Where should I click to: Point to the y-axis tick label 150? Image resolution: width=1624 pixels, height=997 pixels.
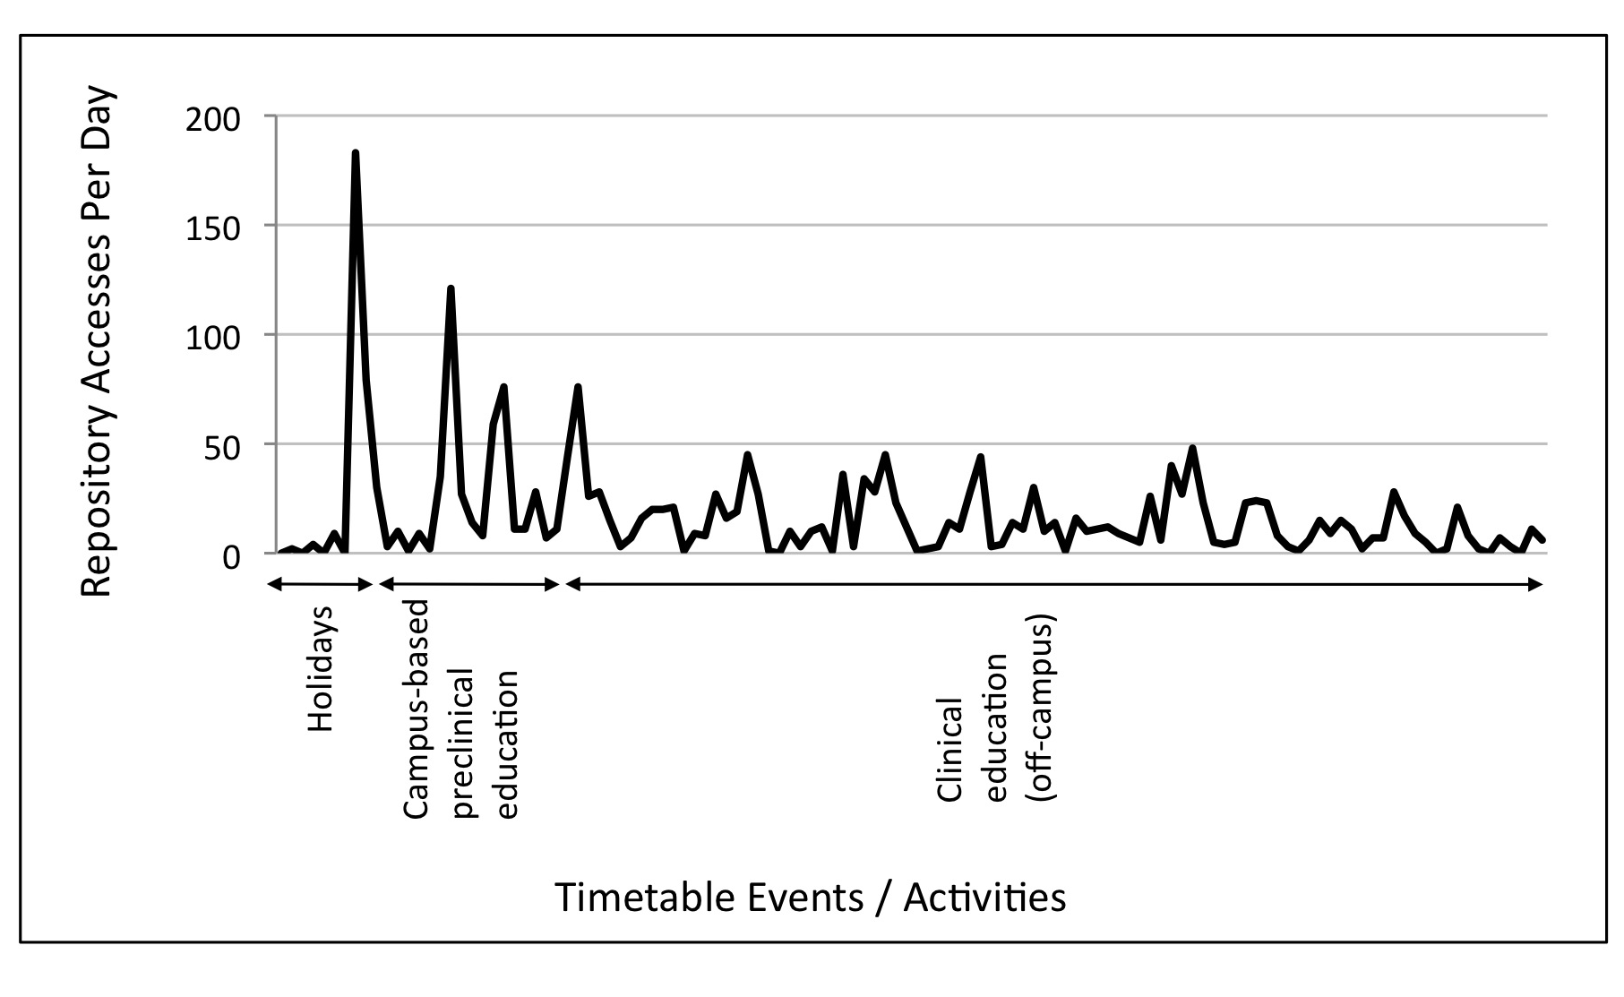coord(213,228)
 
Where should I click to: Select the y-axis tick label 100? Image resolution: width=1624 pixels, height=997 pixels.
coord(213,338)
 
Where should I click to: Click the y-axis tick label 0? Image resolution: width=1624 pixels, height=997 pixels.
coord(231,556)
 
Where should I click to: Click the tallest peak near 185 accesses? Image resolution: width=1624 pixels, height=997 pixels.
coord(356,153)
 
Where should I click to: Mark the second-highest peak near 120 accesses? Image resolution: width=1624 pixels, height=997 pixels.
coord(451,288)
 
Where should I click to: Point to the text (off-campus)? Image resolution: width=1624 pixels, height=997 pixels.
coord(1044,708)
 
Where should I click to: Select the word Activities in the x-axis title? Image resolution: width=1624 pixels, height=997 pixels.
coord(984,898)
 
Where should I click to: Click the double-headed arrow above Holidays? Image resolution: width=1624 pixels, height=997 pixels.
coord(320,585)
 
